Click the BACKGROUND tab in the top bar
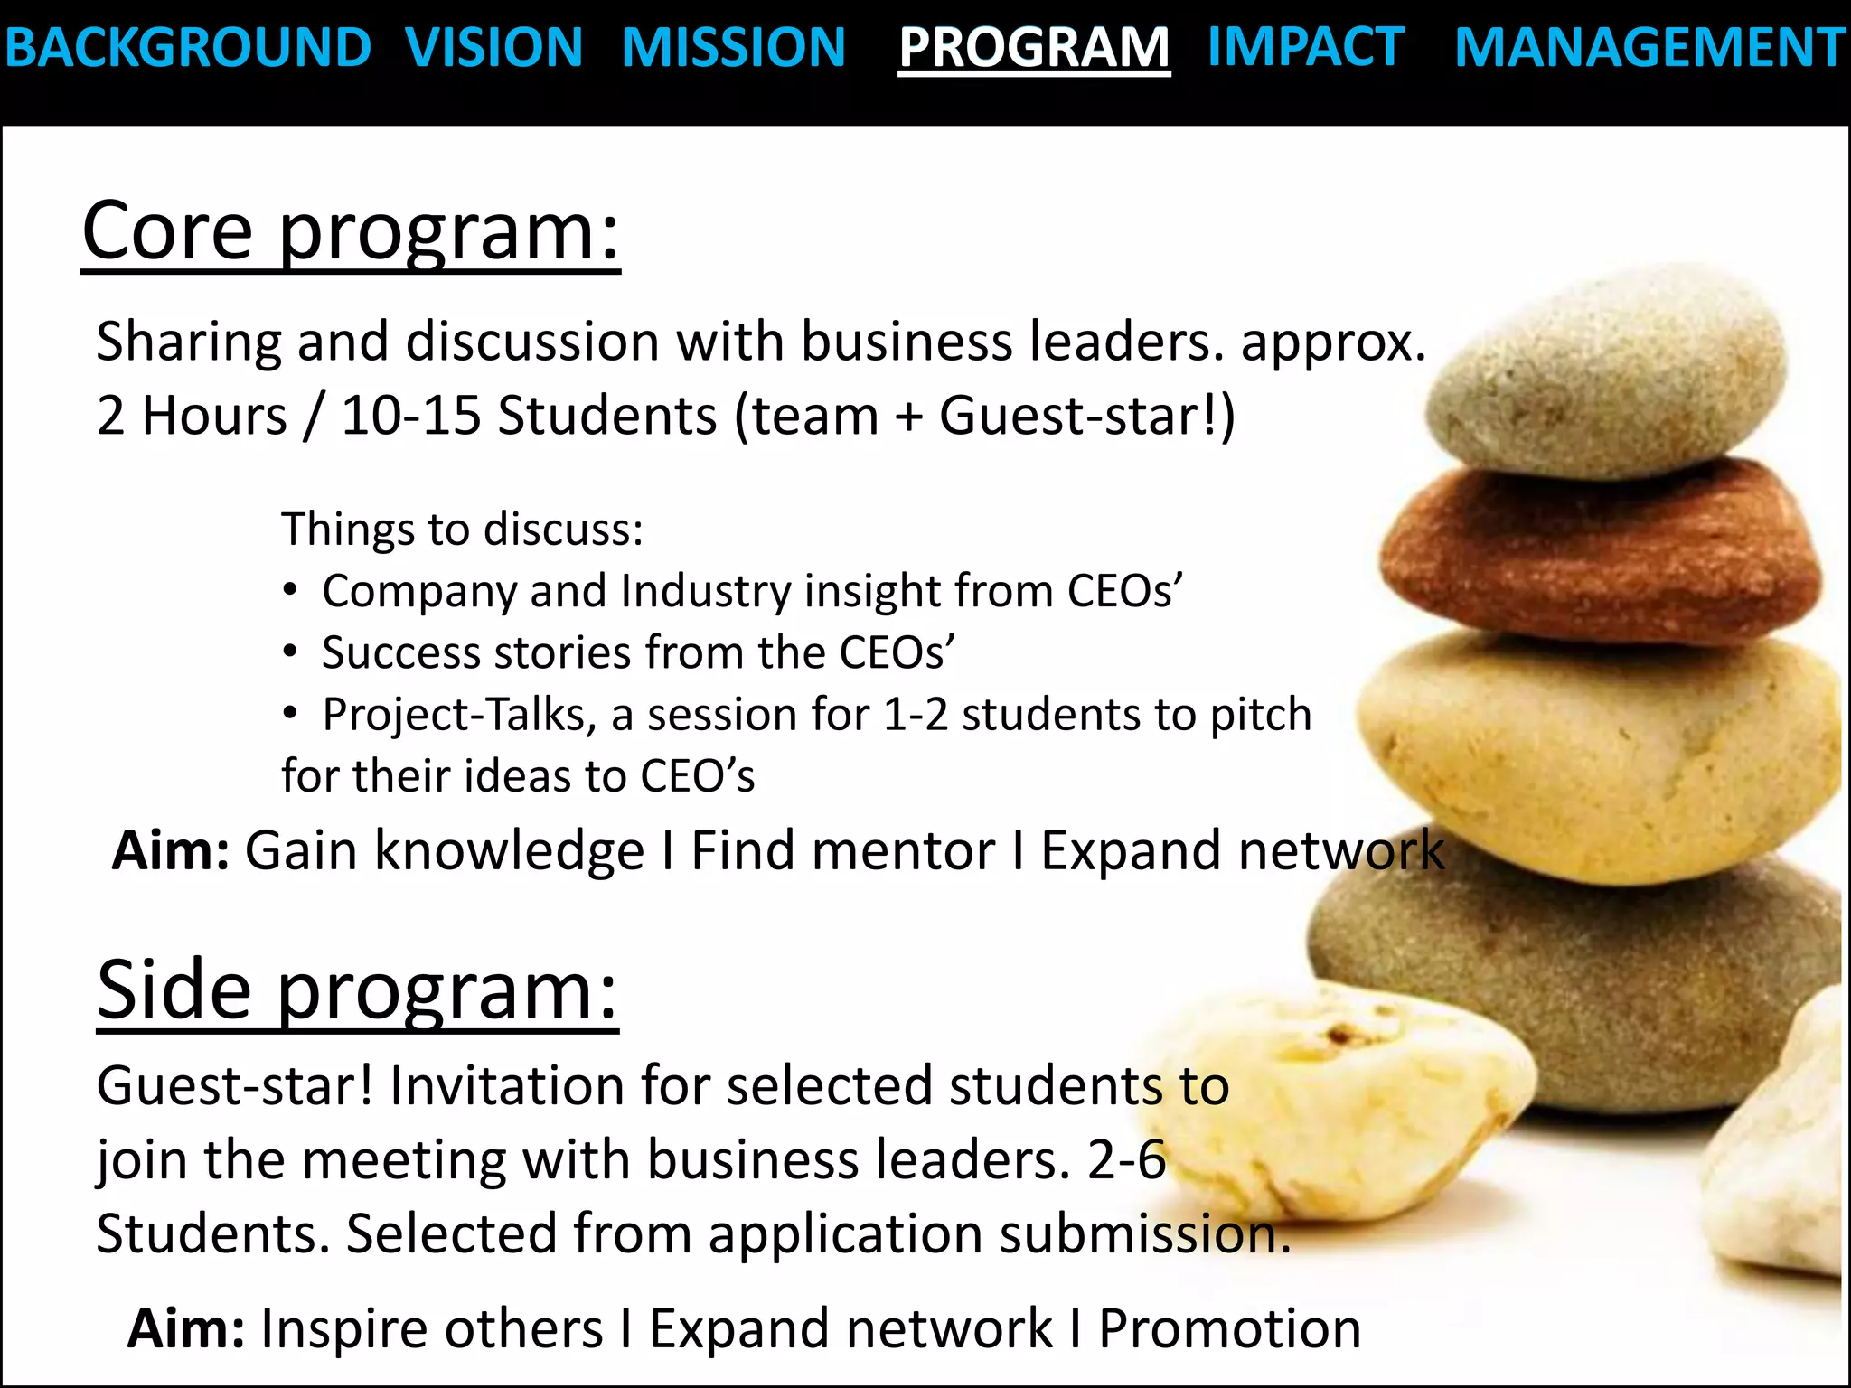click(187, 48)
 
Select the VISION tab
click(493, 48)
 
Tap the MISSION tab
click(733, 48)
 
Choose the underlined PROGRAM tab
click(1034, 48)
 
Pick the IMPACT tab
click(1305, 48)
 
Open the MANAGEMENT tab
click(1649, 48)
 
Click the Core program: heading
click(351, 232)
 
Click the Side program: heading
click(357, 991)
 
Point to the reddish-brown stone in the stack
click(1600, 551)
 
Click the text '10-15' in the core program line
click(410, 417)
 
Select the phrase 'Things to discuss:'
click(462, 530)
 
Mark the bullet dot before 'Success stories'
click(289, 652)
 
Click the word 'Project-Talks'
click(459, 715)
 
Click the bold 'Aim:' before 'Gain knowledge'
click(171, 851)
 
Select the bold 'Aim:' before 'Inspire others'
click(186, 1329)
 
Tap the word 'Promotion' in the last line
click(1229, 1329)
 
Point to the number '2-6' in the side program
click(1126, 1160)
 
